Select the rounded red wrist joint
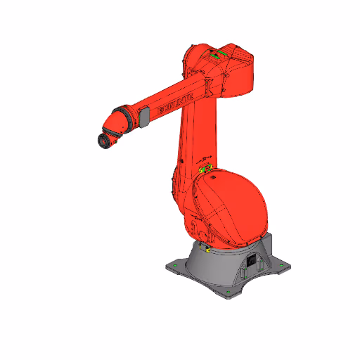pyautogui.click(x=113, y=127)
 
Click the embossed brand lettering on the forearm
pyautogui.click(x=171, y=106)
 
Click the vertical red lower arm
pyautogui.click(x=197, y=134)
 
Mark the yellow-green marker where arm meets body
pyautogui.click(x=205, y=168)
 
